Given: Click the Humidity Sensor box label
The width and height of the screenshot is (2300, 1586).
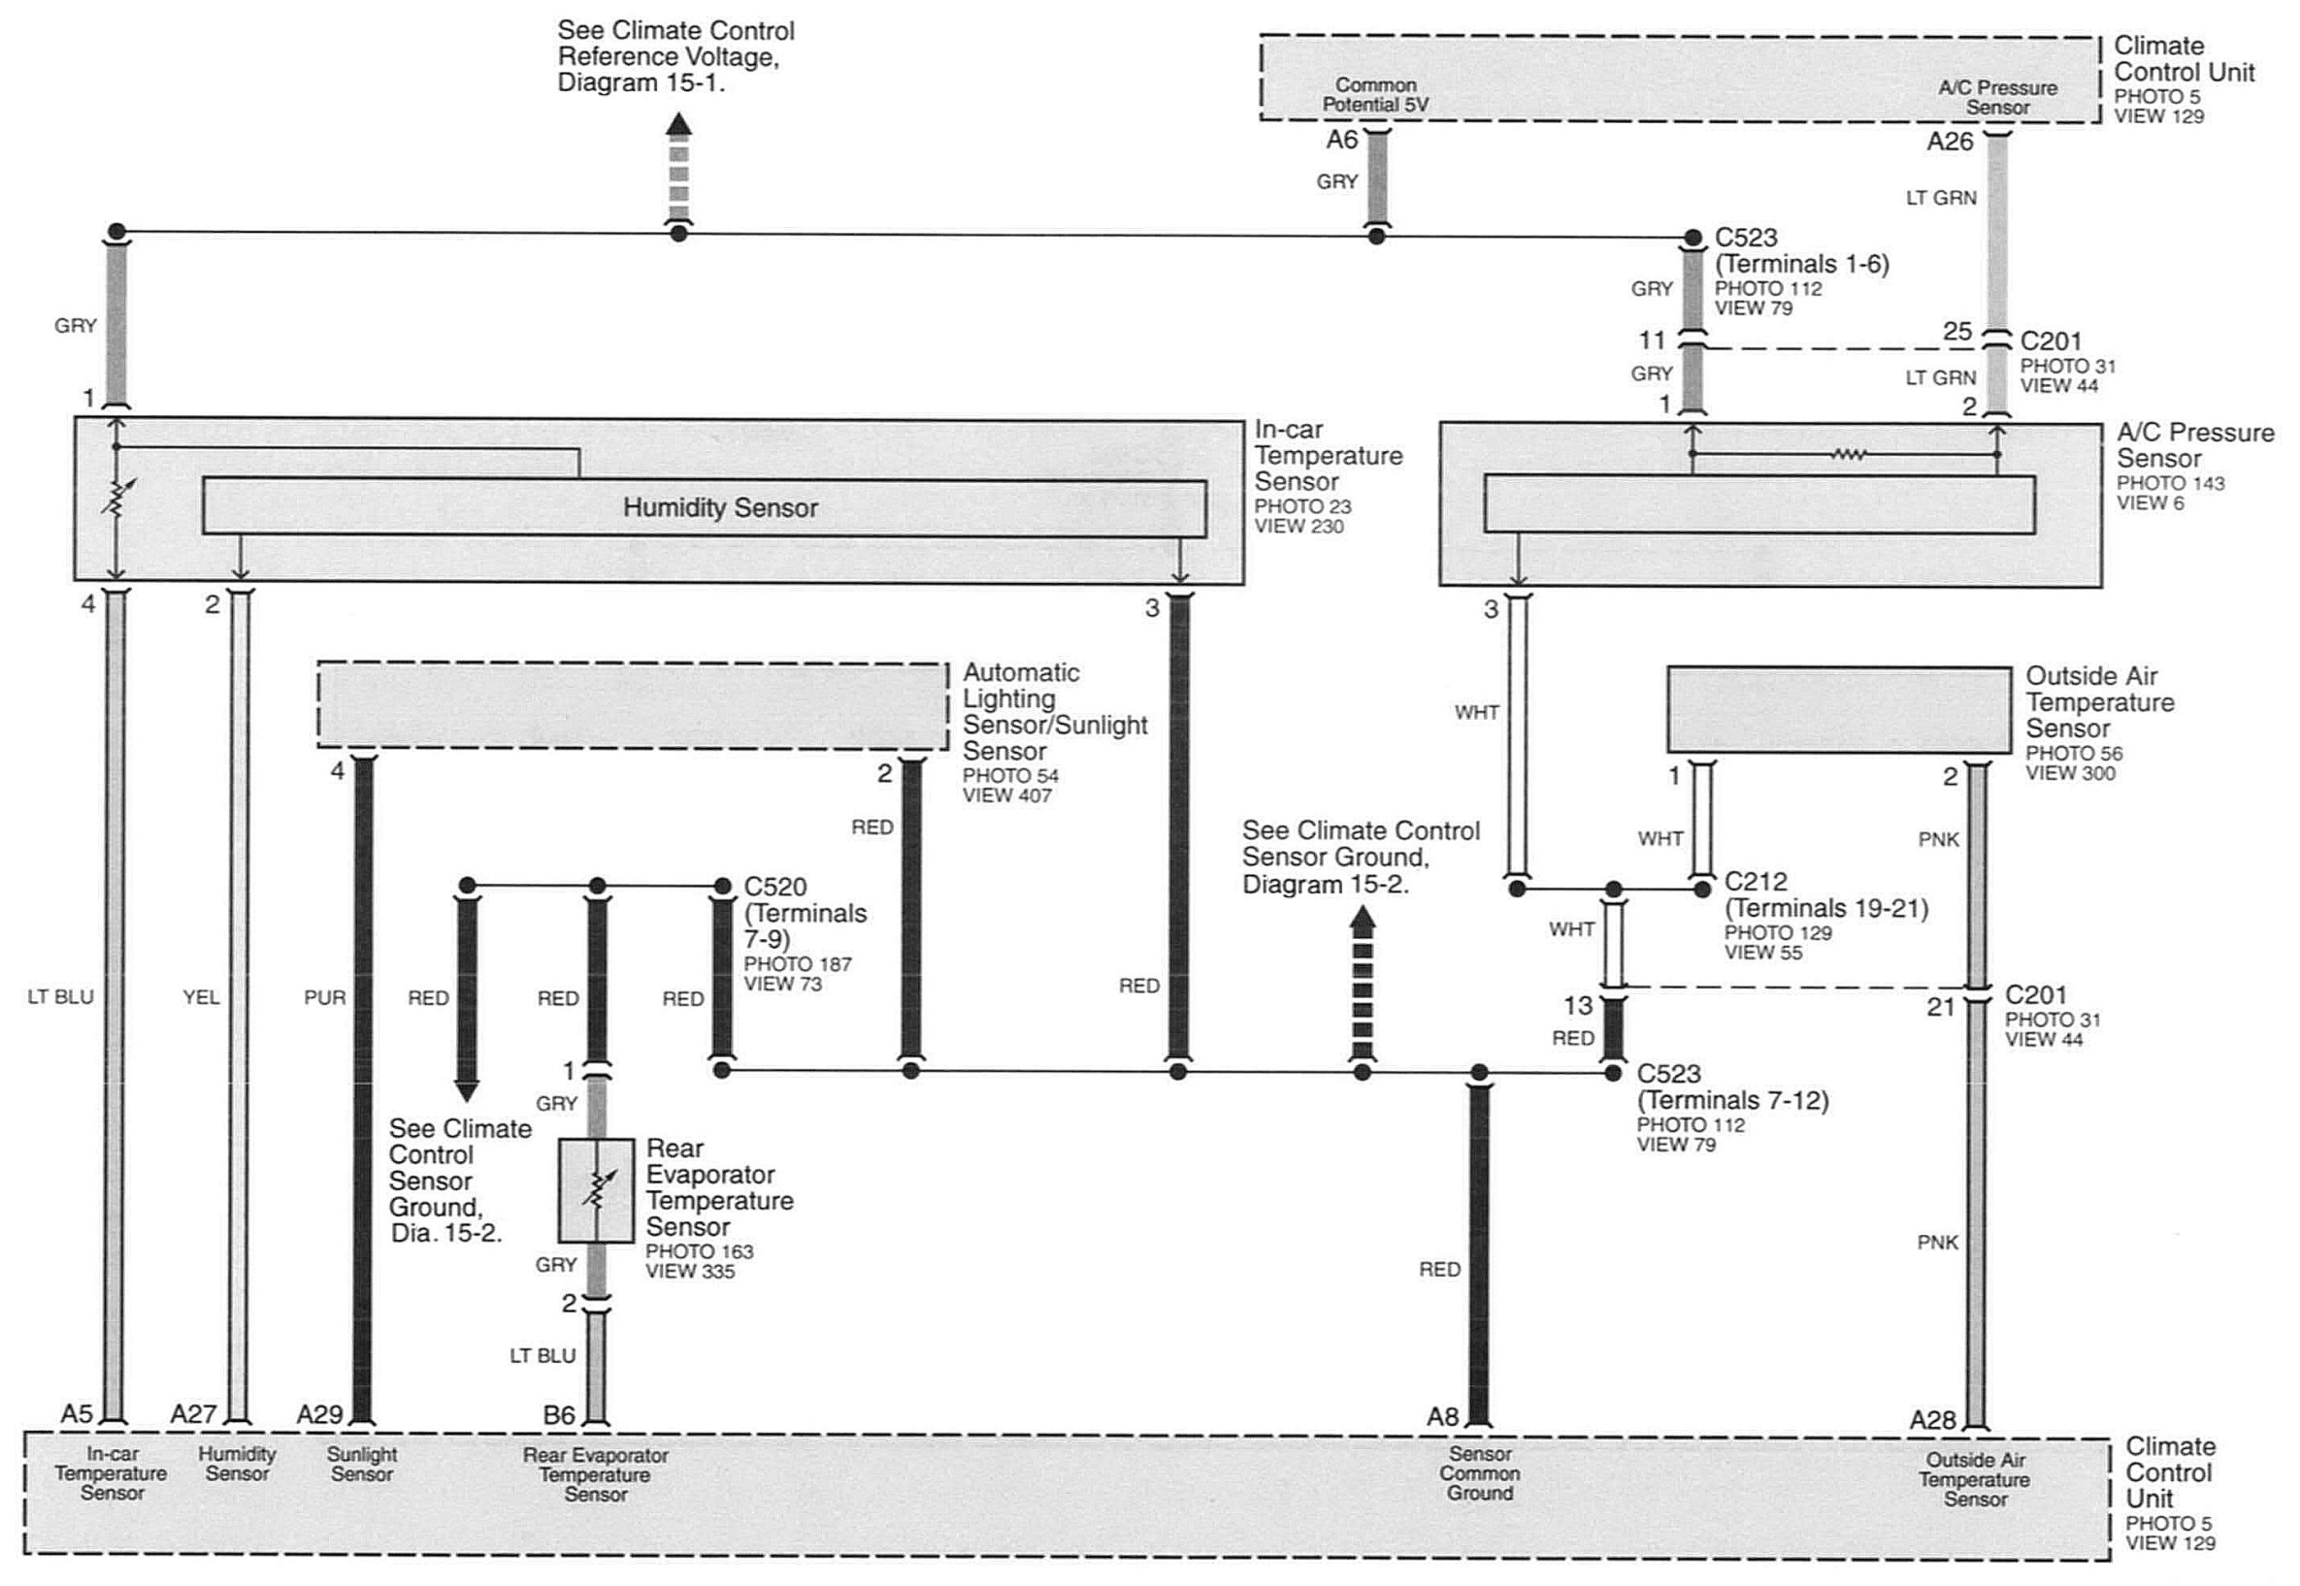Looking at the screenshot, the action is point(720,507).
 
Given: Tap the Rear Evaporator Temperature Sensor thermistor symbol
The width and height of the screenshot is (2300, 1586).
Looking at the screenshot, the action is point(595,1189).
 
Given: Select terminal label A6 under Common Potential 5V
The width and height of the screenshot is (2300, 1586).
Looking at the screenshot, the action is point(1342,140).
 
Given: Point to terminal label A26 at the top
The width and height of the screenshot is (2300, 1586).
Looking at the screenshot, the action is point(1949,142).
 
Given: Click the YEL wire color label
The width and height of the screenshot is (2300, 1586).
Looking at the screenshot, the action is point(201,997).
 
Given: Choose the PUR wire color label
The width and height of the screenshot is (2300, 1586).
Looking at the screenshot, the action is point(325,997).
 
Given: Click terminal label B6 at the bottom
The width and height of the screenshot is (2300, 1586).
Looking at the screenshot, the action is point(559,1414).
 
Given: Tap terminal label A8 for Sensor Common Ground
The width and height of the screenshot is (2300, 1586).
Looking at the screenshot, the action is point(1442,1417).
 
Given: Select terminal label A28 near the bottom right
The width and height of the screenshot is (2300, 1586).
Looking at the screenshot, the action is point(1932,1420).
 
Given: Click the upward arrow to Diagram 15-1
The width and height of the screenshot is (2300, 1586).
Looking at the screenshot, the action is point(679,167).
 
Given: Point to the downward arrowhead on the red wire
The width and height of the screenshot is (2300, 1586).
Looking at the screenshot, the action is point(466,1090).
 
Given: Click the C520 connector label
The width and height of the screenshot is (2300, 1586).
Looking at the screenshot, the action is point(775,887).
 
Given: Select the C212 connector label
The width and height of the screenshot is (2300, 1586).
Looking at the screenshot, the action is point(1756,882).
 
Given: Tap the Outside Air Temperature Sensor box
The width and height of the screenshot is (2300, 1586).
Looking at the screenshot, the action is point(1839,709).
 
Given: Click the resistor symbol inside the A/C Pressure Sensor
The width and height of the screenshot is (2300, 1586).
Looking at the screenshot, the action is point(1848,455).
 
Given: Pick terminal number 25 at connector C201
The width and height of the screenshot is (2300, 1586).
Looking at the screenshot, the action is point(1957,332).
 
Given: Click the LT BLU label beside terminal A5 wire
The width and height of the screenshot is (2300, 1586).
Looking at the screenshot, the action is point(60,997).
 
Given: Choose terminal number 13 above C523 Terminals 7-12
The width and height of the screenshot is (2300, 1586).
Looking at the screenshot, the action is point(1577,1006).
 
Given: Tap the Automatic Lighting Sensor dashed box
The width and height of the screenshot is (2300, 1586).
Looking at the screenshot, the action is point(632,705).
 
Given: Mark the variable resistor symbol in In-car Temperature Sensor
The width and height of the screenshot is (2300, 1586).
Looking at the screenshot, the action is point(117,497).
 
